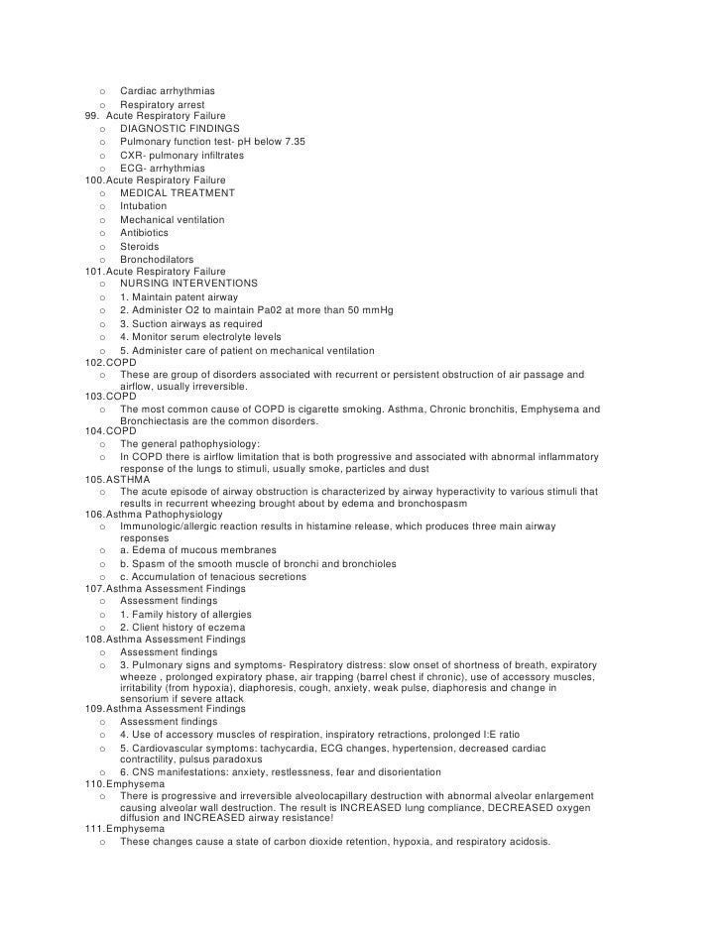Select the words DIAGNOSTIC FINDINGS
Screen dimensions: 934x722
point(180,129)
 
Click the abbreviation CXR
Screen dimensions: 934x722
point(132,156)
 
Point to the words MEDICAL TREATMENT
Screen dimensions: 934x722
point(178,193)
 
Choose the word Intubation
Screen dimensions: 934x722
point(144,206)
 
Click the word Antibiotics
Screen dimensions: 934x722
point(145,233)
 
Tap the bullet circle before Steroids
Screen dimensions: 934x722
point(102,247)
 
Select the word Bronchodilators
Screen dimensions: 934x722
point(157,260)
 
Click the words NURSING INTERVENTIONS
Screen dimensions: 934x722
point(188,284)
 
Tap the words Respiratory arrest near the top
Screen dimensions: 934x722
point(163,104)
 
